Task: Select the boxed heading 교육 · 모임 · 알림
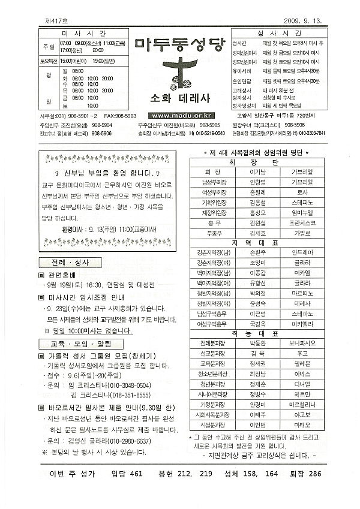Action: point(79,344)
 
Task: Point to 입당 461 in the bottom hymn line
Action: point(127,474)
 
